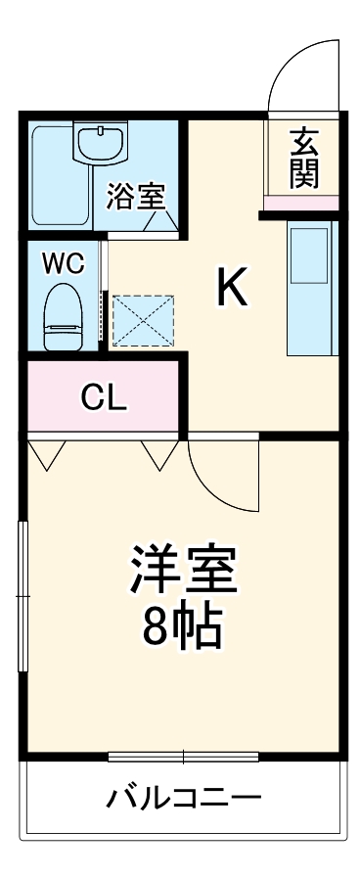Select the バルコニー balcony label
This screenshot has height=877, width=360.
coord(184,797)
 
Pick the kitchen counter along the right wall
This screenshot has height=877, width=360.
coord(310,289)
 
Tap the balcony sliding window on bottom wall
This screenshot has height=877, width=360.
coord(183,756)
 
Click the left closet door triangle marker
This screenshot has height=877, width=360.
coord(47,452)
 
